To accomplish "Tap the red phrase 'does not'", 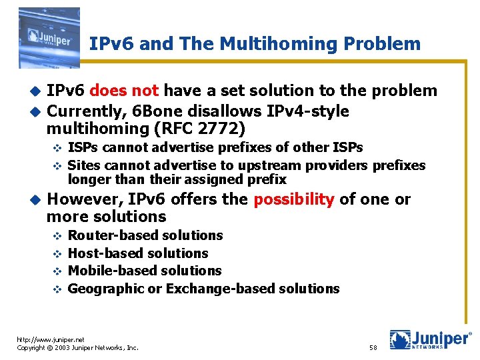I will point(125,91).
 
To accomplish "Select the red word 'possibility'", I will point(294,199).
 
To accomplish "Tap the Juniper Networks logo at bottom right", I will point(430,339).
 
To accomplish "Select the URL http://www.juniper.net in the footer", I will point(51,339).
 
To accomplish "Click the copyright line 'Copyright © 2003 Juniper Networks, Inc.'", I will point(77,348).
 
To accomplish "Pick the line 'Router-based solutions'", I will point(145,235).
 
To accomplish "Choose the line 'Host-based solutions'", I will point(138,253).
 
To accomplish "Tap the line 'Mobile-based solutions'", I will point(145,271).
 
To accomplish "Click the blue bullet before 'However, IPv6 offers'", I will point(36,200).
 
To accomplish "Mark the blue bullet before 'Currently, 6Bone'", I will point(36,111).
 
